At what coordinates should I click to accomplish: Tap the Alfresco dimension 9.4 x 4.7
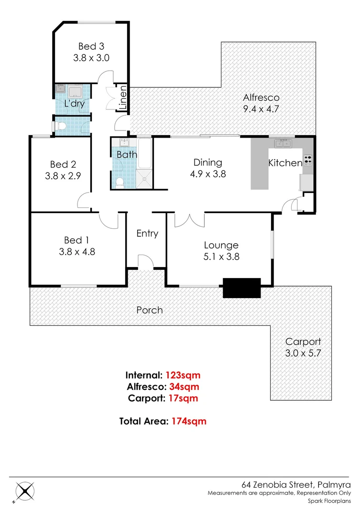pos(261,108)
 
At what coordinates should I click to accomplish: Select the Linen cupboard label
pos(123,98)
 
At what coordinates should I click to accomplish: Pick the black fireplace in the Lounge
pos(242,288)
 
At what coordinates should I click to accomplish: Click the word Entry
pos(147,233)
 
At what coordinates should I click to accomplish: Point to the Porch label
pos(150,310)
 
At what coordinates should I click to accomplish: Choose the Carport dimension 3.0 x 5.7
pos(303,354)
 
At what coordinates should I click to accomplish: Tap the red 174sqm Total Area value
pos(189,421)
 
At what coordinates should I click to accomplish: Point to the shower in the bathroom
pos(144,177)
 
